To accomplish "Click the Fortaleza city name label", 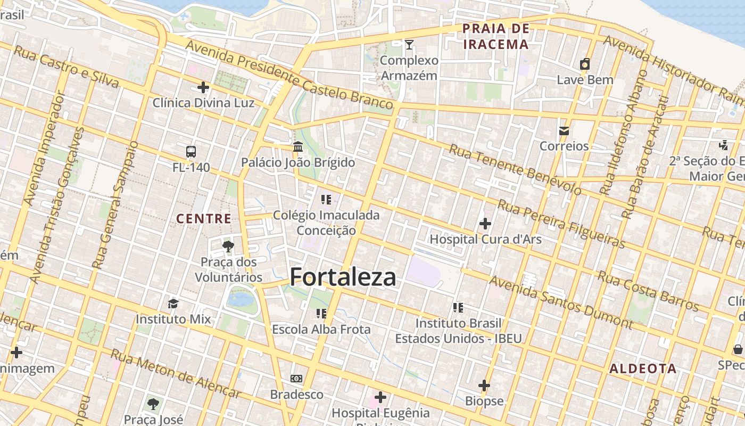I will coord(343,277).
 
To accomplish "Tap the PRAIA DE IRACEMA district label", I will coord(496,36).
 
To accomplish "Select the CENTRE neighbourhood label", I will coord(204,218).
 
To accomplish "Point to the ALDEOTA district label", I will coord(643,368).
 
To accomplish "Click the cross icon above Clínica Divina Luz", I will coord(203,87).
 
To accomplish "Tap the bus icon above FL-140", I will coord(191,152).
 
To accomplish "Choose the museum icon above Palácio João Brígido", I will coord(298,146).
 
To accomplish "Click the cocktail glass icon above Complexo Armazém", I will coord(409,45).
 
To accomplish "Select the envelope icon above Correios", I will coord(564,130).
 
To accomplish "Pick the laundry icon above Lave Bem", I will coord(585,64).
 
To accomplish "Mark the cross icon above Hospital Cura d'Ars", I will coord(485,224).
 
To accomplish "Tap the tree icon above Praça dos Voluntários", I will coord(228,246).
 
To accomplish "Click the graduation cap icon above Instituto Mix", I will coord(173,304).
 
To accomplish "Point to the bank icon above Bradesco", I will coord(296,379).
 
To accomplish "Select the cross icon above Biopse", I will coord(484,385).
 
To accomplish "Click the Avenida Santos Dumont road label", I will coord(561,302).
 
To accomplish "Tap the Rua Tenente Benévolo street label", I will coord(515,169).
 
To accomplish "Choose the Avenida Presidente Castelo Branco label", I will coord(290,75).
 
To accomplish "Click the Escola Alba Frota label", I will coord(321,330).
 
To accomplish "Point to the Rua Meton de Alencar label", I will coord(176,374).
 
